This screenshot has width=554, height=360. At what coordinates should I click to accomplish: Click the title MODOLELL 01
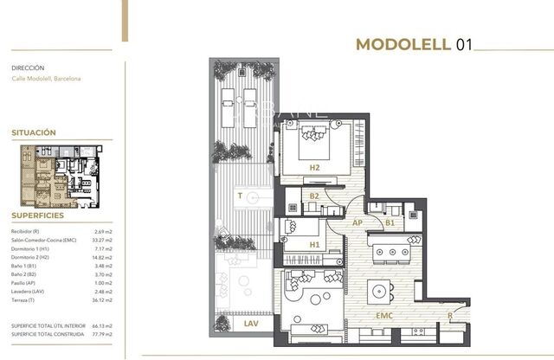415,46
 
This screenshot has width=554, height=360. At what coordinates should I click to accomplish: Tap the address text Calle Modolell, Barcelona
46,79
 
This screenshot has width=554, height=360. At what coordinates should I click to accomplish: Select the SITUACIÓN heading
34,133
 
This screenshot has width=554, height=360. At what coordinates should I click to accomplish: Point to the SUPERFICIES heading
37,215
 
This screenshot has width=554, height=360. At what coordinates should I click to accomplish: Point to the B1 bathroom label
390,222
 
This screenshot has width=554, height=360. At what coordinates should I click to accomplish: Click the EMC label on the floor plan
384,316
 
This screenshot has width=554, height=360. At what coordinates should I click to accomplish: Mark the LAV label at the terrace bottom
252,323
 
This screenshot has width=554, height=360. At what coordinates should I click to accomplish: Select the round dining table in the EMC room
378,289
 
